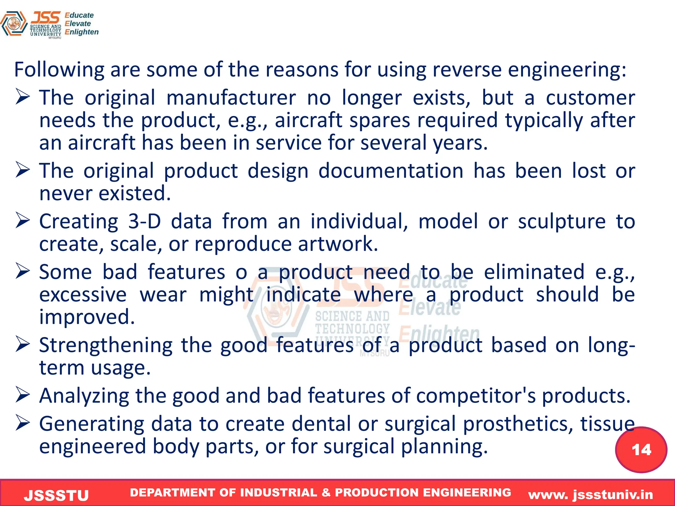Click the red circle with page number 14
click(x=641, y=450)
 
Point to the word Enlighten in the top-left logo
click(x=81, y=32)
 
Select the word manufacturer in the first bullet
click(x=231, y=98)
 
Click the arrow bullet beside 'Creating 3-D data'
click(x=23, y=221)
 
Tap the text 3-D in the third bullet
click(x=144, y=221)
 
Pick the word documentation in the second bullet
click(x=391, y=171)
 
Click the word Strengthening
click(x=106, y=346)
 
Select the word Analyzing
click(x=84, y=396)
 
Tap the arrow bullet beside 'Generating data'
click(x=23, y=423)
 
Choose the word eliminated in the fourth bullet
click(x=534, y=272)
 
